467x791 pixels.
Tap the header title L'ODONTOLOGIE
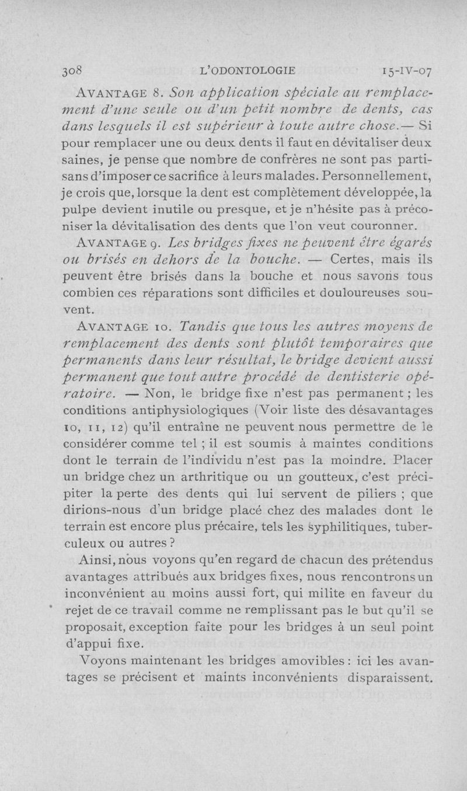tap(248, 71)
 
